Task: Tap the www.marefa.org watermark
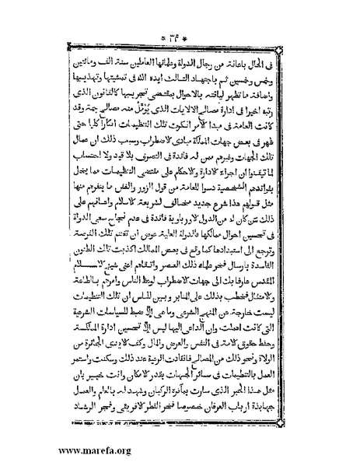pos(48,449)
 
